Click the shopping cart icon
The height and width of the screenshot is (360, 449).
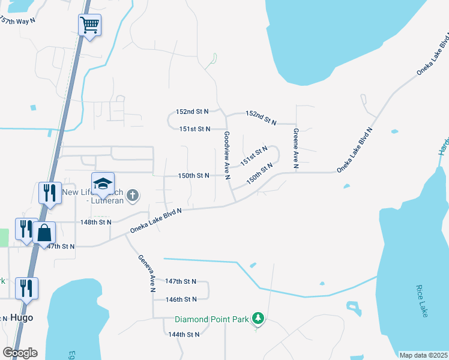tap(89, 25)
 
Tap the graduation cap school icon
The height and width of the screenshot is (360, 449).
tap(103, 183)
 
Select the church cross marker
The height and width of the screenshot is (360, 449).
tap(133, 195)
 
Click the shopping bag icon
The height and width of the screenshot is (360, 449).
tap(44, 232)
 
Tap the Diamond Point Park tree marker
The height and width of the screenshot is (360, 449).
tap(258, 318)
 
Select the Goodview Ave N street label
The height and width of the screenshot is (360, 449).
tap(227, 155)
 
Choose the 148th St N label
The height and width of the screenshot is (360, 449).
tap(96, 222)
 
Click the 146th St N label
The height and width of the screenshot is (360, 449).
tap(181, 299)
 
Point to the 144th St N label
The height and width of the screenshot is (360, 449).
tap(183, 334)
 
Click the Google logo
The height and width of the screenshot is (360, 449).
tap(20, 352)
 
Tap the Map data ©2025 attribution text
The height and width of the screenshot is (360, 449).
tap(423, 355)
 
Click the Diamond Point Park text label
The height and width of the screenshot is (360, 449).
tap(211, 319)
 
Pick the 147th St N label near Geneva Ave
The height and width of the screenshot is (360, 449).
tap(181, 281)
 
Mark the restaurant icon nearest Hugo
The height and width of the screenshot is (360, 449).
tap(26, 288)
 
